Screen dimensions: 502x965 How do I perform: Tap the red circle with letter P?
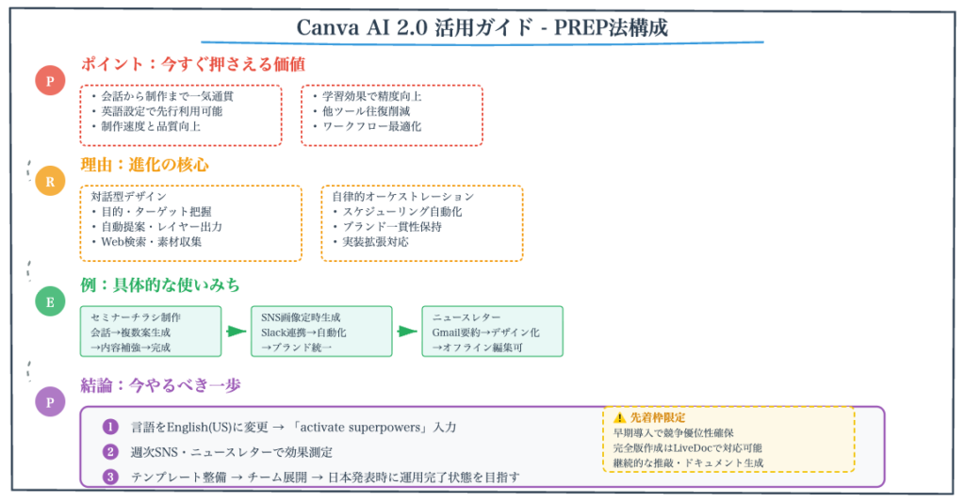[50, 82]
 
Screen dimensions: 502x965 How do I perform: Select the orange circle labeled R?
[50, 181]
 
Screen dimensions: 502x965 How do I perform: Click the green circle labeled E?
[50, 301]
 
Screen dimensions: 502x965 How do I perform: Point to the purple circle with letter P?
[50, 402]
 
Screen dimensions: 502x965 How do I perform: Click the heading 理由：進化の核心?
[144, 165]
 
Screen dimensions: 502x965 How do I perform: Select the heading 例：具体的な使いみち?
[160, 284]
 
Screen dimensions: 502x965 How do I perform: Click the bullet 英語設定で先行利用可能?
[161, 111]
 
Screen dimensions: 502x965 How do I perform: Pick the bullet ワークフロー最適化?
[371, 126]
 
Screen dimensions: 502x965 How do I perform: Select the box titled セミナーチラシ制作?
[151, 331]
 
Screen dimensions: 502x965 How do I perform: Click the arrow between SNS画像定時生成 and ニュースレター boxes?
[407, 332]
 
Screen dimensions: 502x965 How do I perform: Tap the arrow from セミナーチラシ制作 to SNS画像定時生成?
[236, 332]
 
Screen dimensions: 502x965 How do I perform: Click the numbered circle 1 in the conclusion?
[111, 427]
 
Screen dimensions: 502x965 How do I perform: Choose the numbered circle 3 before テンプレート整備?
[111, 477]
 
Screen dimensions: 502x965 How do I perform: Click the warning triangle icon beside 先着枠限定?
[619, 417]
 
